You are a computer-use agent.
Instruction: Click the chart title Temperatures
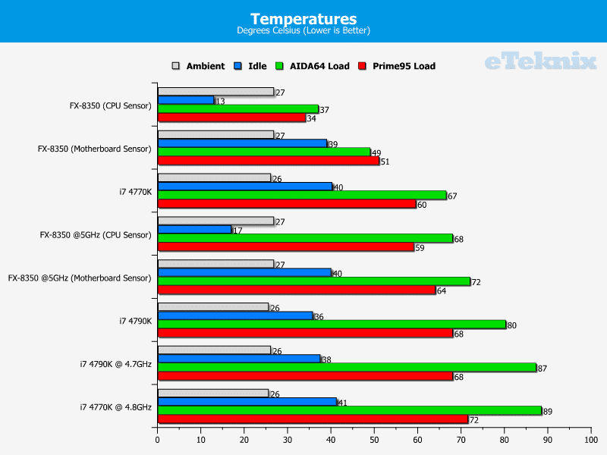pyautogui.click(x=303, y=18)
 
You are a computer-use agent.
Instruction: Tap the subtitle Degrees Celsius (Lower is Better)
pyautogui.click(x=303, y=31)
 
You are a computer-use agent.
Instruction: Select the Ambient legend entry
pyautogui.click(x=200, y=66)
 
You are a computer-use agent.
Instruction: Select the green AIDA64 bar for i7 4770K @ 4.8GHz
pyautogui.click(x=349, y=410)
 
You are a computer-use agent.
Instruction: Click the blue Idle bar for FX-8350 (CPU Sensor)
pyautogui.click(x=185, y=100)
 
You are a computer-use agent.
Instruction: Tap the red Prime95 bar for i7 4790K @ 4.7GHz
pyautogui.click(x=304, y=376)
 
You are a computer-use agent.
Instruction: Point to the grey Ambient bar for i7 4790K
pyautogui.click(x=212, y=307)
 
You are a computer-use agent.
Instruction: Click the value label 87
pyautogui.click(x=542, y=369)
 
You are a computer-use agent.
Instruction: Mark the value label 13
pyautogui.click(x=220, y=101)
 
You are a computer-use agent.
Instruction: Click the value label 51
pyautogui.click(x=385, y=162)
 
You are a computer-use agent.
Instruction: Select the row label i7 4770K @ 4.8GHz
pyautogui.click(x=115, y=407)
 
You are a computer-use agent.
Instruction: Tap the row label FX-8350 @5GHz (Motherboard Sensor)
pyautogui.click(x=80, y=278)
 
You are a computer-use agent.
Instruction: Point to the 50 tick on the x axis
pyautogui.click(x=374, y=439)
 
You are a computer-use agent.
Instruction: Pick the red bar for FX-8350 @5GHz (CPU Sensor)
pyautogui.click(x=285, y=246)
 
